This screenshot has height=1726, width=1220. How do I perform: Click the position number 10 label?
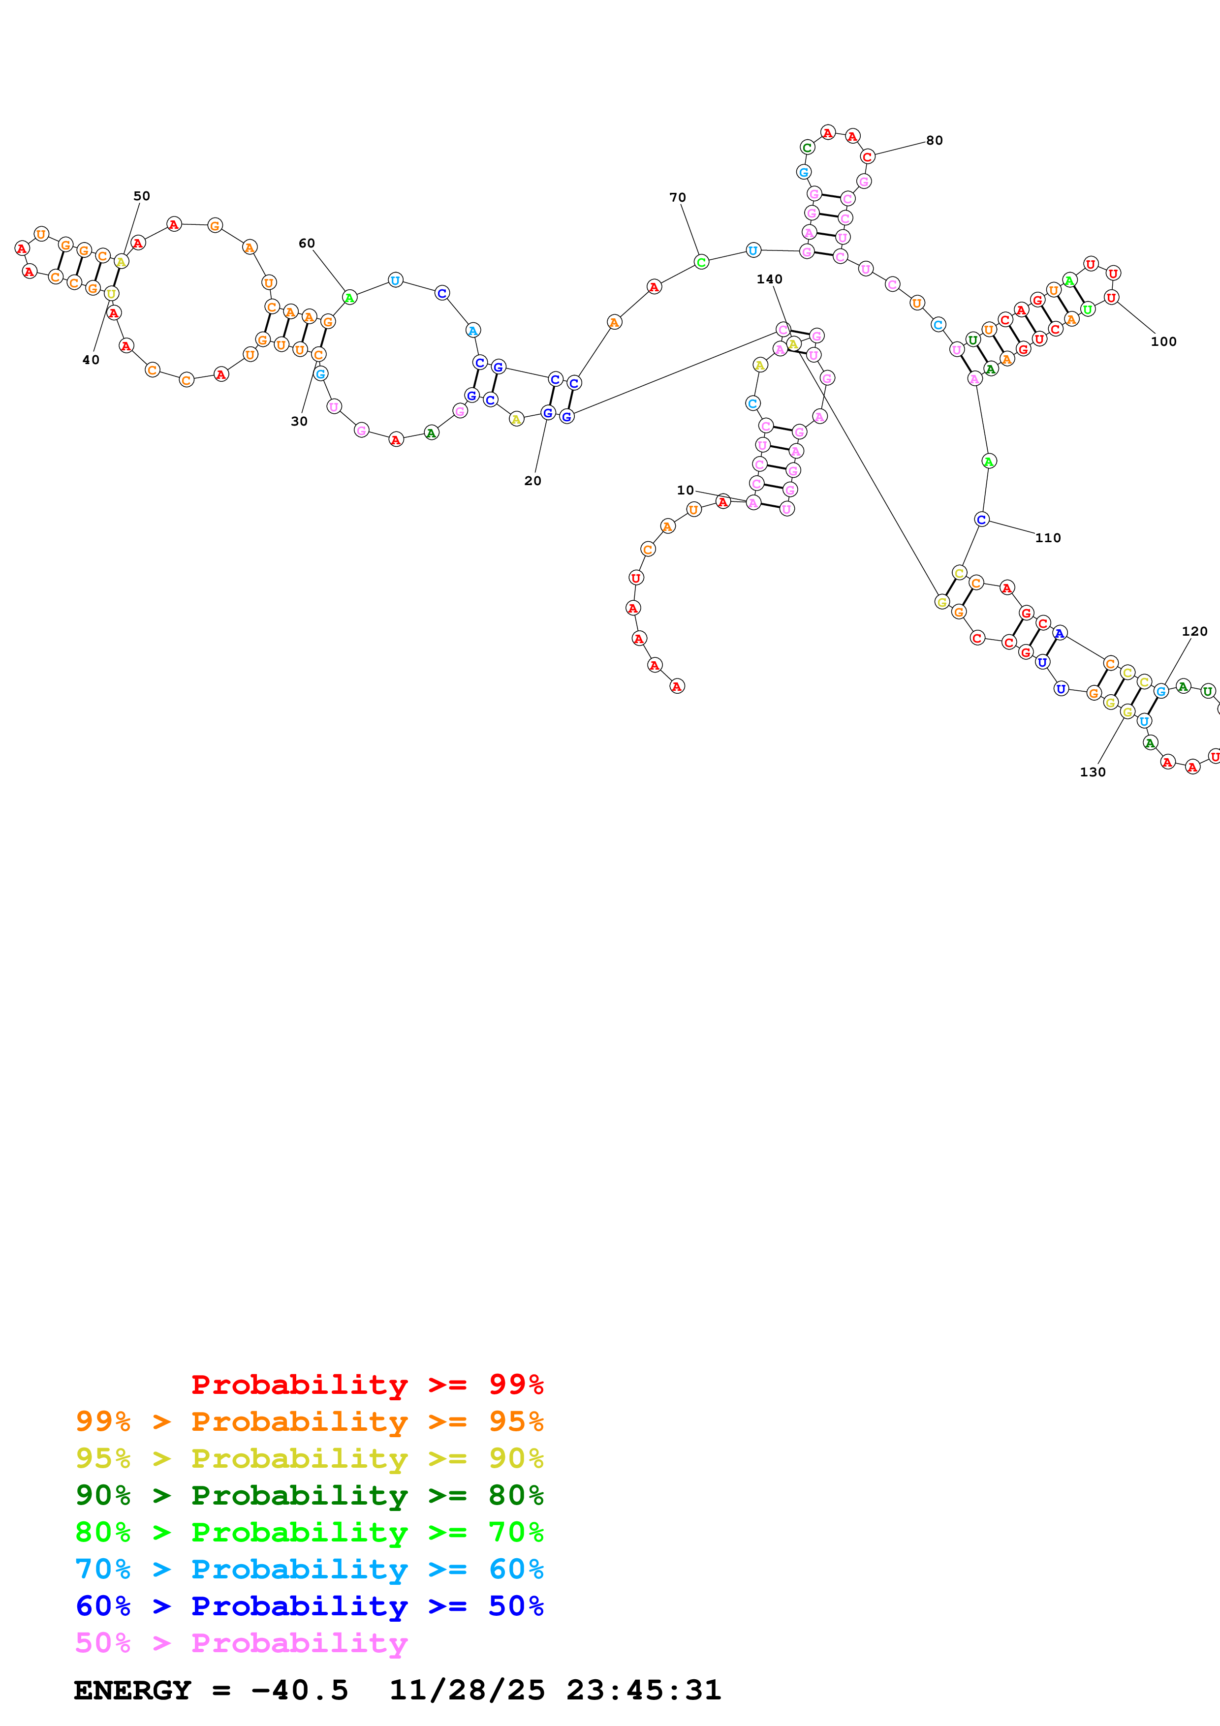[685, 490]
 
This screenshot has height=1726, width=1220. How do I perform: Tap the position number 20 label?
[532, 481]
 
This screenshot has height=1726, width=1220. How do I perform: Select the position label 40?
[90, 360]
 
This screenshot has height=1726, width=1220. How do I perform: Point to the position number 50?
[141, 196]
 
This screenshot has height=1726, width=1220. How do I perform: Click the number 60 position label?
[307, 244]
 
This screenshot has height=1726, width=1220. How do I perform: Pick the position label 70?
[677, 198]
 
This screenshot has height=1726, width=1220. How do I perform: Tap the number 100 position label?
[1163, 342]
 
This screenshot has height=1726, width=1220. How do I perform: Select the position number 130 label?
[1092, 772]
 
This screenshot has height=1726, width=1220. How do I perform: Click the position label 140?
[769, 279]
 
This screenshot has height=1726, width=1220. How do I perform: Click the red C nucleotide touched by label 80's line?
[868, 157]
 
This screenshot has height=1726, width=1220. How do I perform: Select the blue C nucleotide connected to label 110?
[981, 520]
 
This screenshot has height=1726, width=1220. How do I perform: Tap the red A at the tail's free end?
[677, 686]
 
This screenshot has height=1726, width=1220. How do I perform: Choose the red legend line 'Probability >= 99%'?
[367, 1384]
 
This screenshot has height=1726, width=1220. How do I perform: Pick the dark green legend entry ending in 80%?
[309, 1495]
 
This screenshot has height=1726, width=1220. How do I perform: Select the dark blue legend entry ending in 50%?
[309, 1606]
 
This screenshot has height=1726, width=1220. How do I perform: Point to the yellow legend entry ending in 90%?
[309, 1458]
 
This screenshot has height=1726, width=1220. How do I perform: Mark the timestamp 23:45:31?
[643, 1691]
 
